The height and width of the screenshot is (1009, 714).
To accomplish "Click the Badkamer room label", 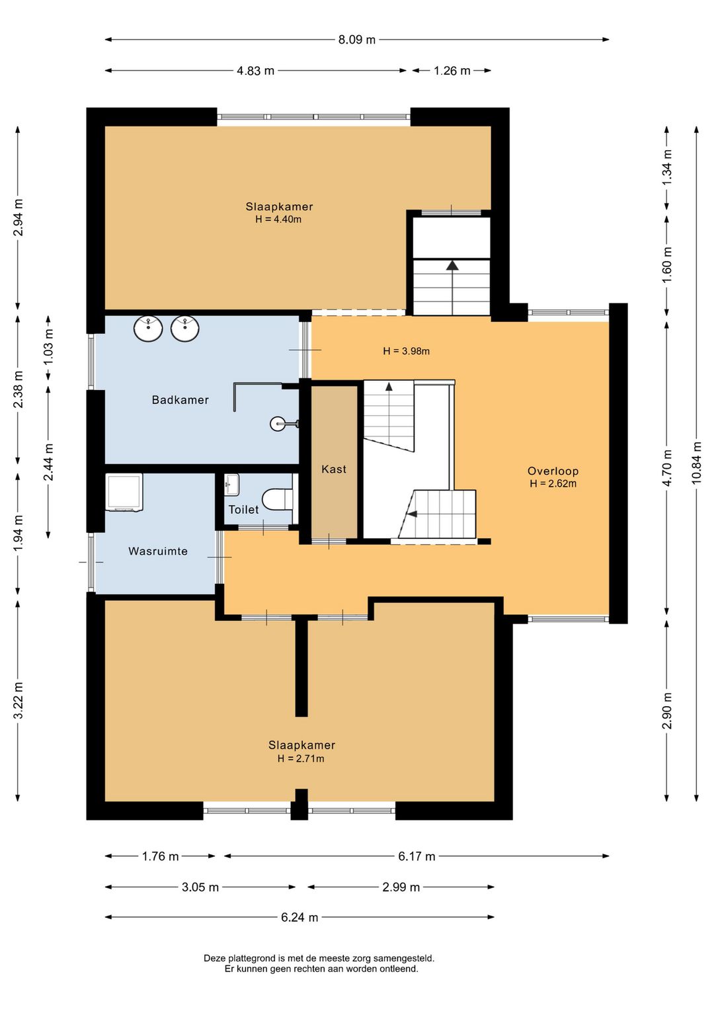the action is point(180,400).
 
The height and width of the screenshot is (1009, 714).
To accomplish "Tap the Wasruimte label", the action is point(157,551).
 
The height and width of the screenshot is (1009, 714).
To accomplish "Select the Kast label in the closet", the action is point(334,469).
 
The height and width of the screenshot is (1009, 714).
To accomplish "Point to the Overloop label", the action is point(553,471).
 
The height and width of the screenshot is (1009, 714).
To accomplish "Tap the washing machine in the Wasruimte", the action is point(124,492).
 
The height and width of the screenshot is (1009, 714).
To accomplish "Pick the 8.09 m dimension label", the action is point(357,40).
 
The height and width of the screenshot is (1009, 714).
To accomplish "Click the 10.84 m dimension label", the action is point(697,463).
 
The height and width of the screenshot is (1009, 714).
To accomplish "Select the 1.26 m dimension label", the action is point(452,71).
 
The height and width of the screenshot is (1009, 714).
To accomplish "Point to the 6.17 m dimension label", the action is point(416,856).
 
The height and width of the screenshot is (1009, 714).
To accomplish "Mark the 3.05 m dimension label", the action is point(200,887).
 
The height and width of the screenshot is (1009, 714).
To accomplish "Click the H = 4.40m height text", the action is point(278,220).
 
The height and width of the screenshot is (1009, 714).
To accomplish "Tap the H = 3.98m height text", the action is point(407,351).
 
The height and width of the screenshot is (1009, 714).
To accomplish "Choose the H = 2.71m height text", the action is point(301,758).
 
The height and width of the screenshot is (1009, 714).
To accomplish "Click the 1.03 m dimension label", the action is point(49,347).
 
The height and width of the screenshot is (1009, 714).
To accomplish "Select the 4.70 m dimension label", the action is point(667,467).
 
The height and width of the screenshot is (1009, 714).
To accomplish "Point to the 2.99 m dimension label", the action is point(401,887).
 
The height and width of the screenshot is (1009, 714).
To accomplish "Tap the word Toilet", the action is point(244,509).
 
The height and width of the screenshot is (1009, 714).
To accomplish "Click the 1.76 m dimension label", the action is point(161,856).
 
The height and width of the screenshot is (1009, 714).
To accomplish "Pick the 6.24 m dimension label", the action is point(299,918).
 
